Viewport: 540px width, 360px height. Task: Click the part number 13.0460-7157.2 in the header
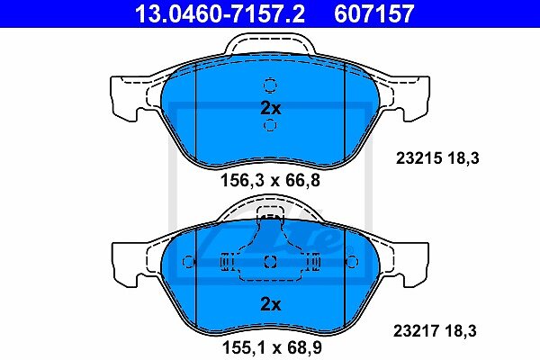tap(220, 13)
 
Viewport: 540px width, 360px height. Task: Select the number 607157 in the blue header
tap(374, 13)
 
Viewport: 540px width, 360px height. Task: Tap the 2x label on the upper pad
tap(271, 108)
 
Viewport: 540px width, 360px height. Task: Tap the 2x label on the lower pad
tap(271, 304)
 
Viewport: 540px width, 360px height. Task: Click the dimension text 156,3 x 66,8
tap(270, 180)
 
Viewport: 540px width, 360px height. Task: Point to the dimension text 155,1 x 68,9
tap(272, 347)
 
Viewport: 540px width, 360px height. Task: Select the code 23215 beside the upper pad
tap(418, 158)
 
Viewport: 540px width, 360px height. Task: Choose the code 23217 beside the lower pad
tap(417, 330)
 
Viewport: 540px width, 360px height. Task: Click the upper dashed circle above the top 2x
tap(270, 85)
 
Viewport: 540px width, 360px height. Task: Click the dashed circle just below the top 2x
tap(270, 125)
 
